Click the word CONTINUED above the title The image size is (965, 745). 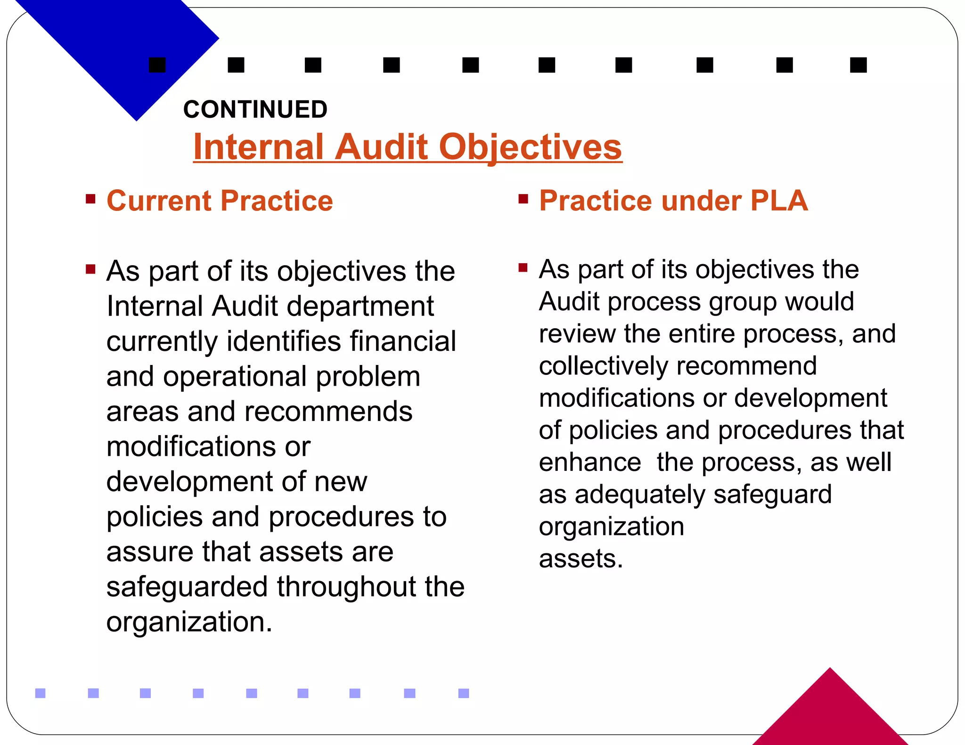coord(255,109)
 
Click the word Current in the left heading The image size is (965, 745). coord(159,201)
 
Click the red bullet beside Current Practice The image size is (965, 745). coord(90,199)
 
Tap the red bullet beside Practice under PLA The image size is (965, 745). coord(523,199)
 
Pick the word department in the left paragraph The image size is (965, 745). coord(360,307)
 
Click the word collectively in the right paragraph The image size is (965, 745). coord(603,366)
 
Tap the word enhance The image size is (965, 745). coord(589,462)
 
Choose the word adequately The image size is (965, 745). coord(640,495)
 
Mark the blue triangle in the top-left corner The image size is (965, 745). coord(118,42)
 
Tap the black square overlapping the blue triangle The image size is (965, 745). coord(157,65)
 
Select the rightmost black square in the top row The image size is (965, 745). coord(859,65)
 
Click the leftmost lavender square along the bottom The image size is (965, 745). coord(41,693)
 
